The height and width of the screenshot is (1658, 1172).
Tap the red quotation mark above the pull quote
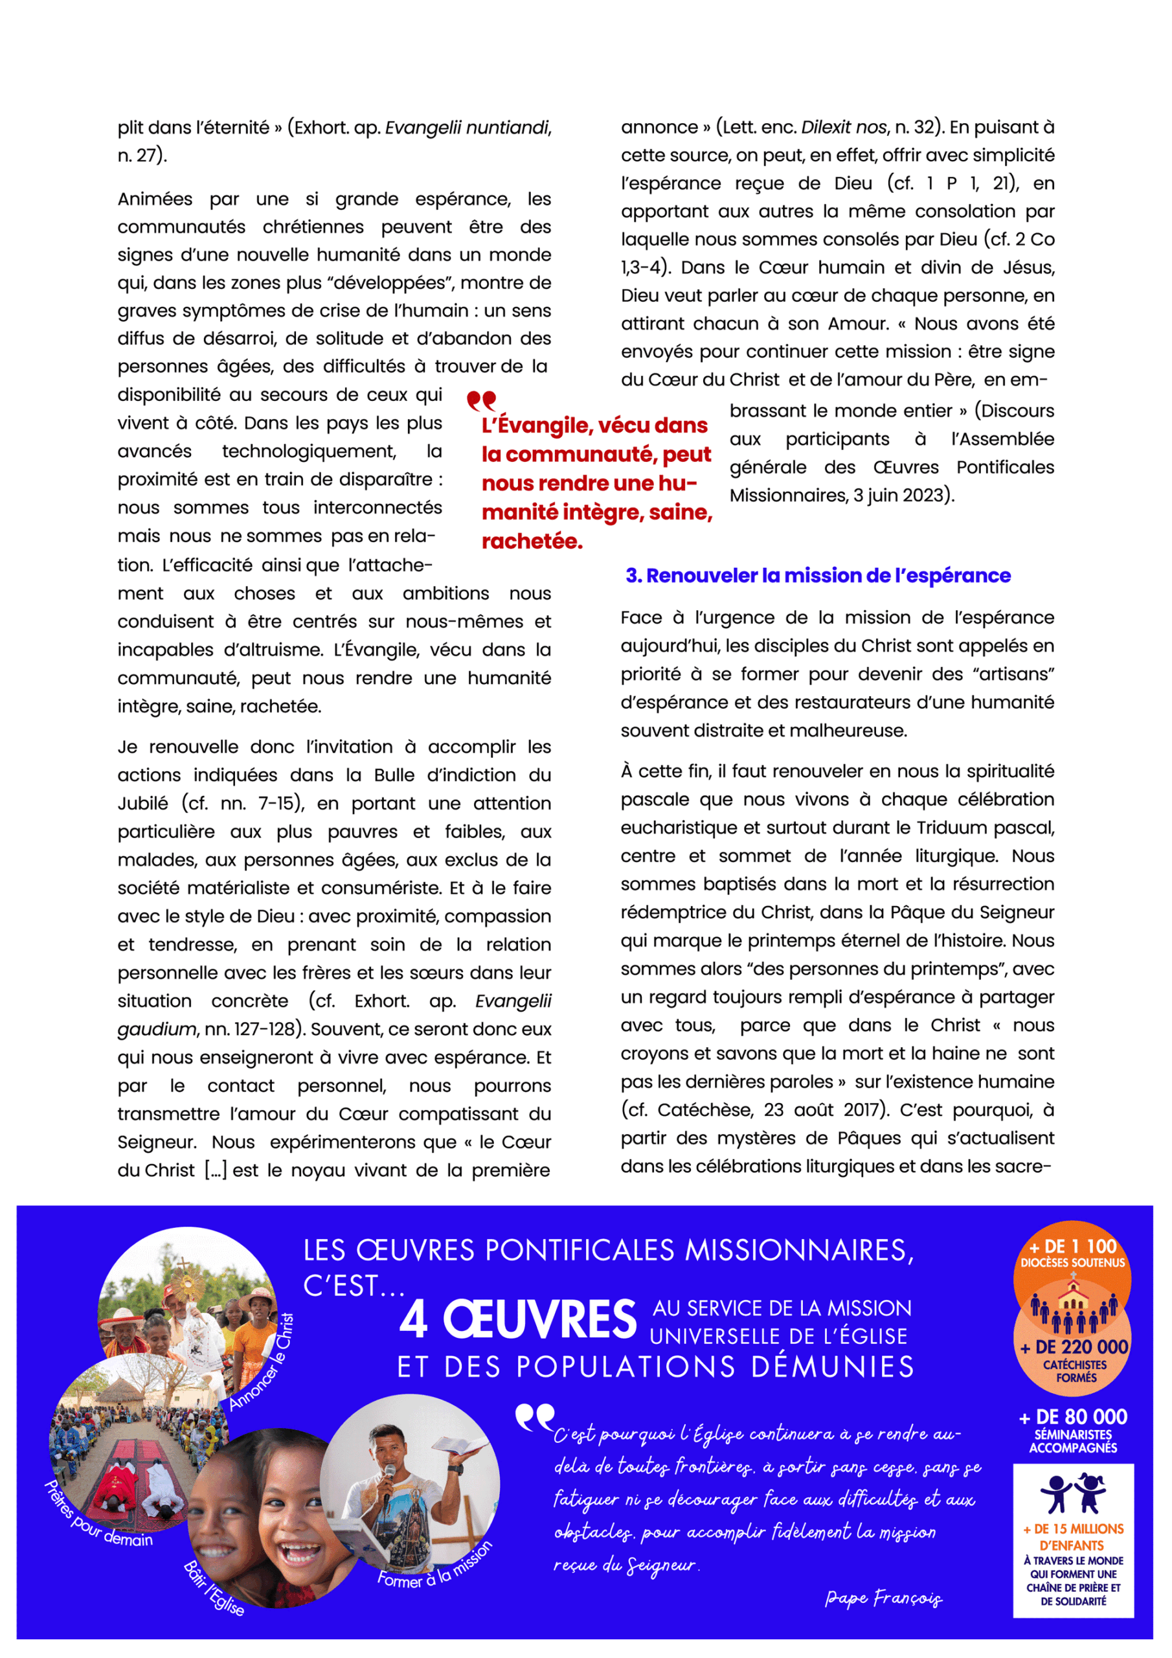(x=481, y=400)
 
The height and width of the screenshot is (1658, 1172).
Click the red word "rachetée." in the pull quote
(x=532, y=541)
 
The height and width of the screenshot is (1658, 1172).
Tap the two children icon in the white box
(x=1072, y=1493)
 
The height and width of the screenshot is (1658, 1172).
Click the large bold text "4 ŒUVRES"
(x=518, y=1319)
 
